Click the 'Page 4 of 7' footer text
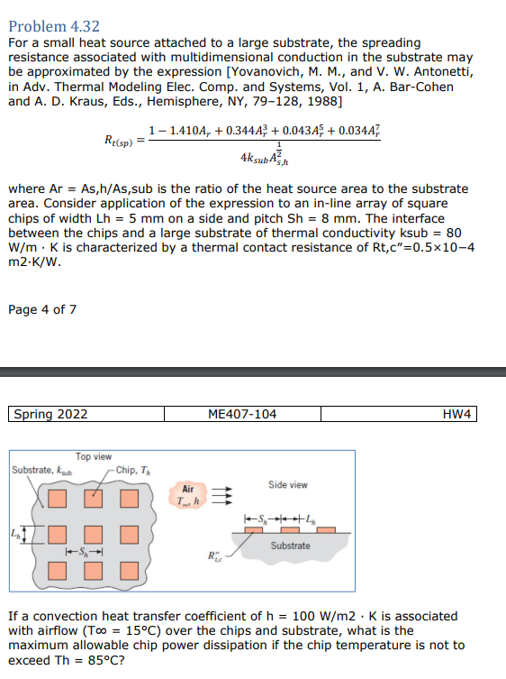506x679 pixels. point(41,310)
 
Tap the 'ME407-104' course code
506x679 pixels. point(242,415)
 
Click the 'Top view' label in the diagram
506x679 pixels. point(94,458)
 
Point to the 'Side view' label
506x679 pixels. point(288,484)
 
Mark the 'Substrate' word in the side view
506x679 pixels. point(290,546)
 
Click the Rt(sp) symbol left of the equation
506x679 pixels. point(120,140)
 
